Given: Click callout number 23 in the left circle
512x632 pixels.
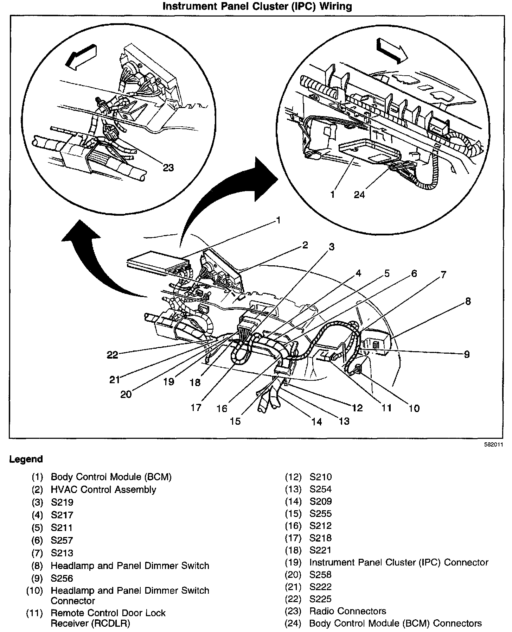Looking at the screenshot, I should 168,168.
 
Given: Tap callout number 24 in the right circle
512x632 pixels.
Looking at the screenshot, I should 359,194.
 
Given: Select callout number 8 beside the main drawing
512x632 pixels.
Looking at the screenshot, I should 468,301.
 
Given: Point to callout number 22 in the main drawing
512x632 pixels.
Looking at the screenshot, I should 113,355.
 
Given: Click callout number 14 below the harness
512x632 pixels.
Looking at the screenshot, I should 317,422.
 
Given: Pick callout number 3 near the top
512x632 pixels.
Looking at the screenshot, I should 331,247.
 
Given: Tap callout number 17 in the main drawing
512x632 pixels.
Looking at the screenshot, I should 196,407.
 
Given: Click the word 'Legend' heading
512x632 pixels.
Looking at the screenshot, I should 26,459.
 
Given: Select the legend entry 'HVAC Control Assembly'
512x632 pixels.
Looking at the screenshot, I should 103,489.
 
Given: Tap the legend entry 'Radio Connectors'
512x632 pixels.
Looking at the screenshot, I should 347,611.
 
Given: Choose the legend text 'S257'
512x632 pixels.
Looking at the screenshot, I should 62,540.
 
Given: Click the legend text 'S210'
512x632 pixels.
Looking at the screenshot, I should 320,477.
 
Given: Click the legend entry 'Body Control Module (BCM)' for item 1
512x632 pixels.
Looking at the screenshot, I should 111,477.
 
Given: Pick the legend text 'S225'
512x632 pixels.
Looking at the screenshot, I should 320,599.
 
